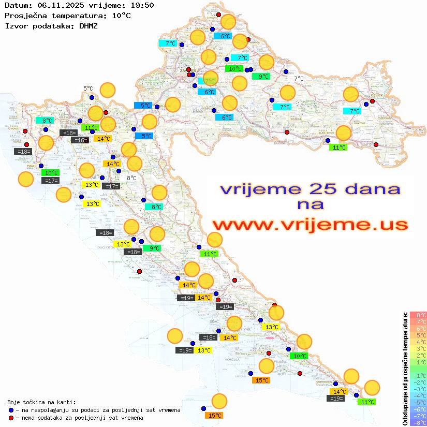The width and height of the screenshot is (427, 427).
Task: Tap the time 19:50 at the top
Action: pos(141,5)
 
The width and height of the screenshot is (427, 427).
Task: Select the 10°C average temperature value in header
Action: pos(121,16)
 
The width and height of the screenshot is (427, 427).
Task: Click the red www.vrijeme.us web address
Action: pos(310,225)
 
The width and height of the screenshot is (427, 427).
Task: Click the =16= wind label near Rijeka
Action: pos(79,140)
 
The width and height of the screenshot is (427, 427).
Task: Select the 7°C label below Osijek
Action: pos(354,111)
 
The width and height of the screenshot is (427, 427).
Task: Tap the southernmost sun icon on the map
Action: pos(219,401)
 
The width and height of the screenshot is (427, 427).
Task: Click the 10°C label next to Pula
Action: pos(51,173)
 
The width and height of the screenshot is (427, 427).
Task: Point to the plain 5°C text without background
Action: pos(88,89)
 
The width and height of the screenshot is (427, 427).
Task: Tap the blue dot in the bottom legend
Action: pos(11,410)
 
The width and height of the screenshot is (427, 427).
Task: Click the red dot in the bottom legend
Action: pos(11,418)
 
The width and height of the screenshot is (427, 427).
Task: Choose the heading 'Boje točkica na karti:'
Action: pos(41,402)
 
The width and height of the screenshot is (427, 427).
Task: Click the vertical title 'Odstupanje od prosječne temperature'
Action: pos(404,369)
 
